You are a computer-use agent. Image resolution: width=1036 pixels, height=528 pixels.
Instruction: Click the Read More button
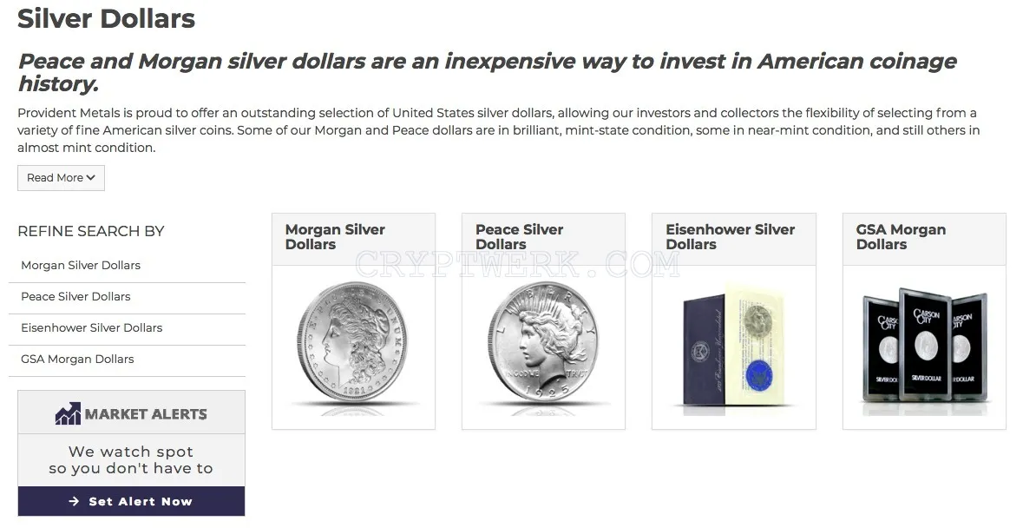point(61,178)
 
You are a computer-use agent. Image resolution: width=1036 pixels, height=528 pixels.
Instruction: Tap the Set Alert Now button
point(132,502)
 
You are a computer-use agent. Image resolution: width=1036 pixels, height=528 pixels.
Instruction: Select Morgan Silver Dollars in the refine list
point(81,266)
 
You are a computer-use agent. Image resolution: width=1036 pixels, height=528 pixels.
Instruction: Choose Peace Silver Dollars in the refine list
point(75,296)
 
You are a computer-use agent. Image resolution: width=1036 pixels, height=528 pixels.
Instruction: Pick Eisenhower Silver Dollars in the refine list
point(91,327)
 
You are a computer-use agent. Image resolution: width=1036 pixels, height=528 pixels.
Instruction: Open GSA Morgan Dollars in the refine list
point(77,360)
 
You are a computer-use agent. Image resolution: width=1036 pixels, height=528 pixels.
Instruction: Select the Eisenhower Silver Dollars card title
point(730,237)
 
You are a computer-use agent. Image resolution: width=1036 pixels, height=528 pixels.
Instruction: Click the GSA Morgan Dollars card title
point(901,237)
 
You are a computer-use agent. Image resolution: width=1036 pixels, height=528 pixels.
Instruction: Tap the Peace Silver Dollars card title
point(520,237)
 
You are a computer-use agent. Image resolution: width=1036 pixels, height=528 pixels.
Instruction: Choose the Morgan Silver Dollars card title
point(335,237)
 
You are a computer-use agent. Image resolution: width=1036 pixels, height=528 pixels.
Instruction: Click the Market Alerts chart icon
point(68,413)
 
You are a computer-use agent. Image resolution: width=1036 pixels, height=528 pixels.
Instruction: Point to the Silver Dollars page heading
point(107,18)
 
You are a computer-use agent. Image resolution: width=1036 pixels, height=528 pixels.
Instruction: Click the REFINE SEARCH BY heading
point(91,231)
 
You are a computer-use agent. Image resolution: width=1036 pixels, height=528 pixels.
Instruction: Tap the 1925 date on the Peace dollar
point(548,391)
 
